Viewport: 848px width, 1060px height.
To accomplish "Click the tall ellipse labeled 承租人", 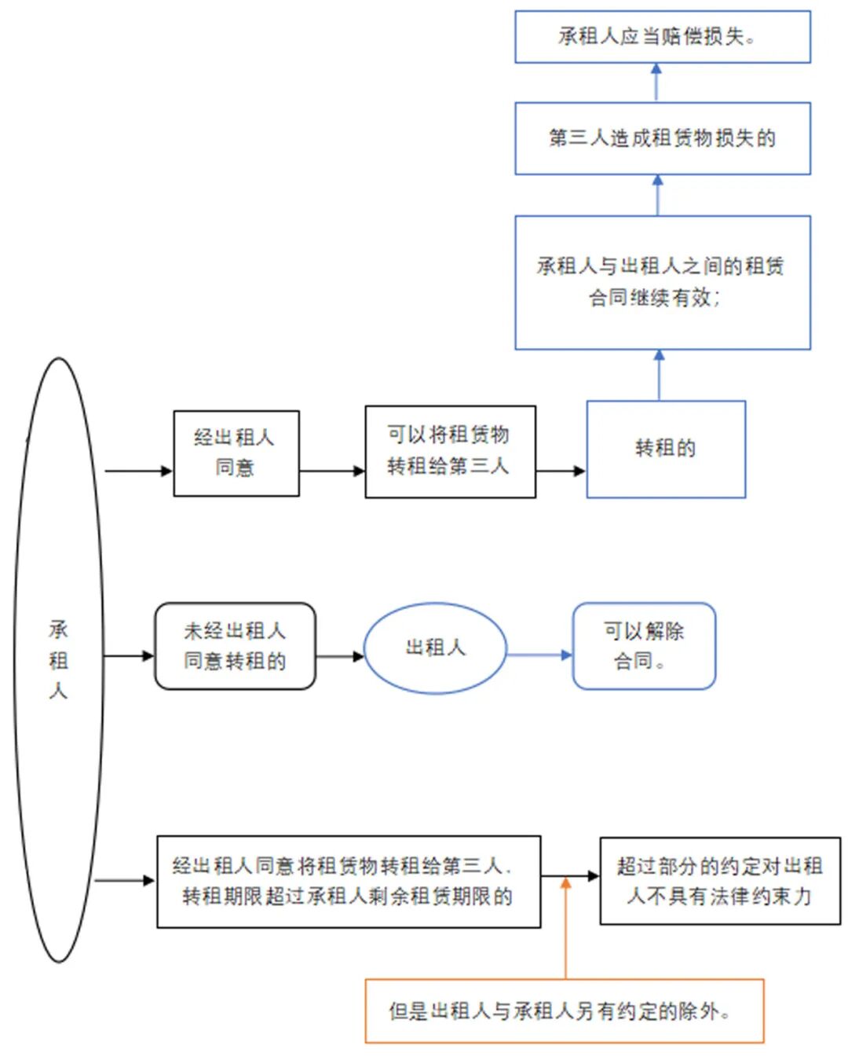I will (x=58, y=660).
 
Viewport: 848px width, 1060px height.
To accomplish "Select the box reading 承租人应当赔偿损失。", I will (x=662, y=37).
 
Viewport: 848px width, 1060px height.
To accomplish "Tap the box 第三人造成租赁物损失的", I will (x=662, y=138).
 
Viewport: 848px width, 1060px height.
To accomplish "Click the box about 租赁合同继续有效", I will (x=662, y=282).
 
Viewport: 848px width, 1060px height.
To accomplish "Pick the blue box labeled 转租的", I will (x=666, y=449).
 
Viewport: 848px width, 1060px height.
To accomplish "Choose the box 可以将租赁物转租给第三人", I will (x=450, y=451).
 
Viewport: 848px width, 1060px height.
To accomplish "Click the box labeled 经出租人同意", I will (x=236, y=453).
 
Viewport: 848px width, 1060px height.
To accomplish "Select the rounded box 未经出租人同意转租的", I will (x=235, y=646).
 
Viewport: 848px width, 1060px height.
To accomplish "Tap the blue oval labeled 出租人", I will (x=435, y=647).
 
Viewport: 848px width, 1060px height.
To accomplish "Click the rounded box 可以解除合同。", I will (x=644, y=646).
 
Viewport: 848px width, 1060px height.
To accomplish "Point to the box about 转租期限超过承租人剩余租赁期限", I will (x=349, y=881).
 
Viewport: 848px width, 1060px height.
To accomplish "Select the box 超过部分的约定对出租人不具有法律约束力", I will (x=719, y=880).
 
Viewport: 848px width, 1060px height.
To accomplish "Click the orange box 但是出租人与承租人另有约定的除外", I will (x=564, y=1010).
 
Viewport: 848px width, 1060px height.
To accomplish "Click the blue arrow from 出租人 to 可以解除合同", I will (x=539, y=655).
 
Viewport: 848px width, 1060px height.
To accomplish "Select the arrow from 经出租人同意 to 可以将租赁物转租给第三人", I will (x=331, y=471).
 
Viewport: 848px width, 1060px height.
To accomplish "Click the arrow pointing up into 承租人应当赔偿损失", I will (x=656, y=82).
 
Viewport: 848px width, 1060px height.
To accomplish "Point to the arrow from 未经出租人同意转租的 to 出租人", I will (x=339, y=655).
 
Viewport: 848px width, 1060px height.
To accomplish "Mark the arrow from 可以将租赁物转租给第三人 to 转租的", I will (x=561, y=471).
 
